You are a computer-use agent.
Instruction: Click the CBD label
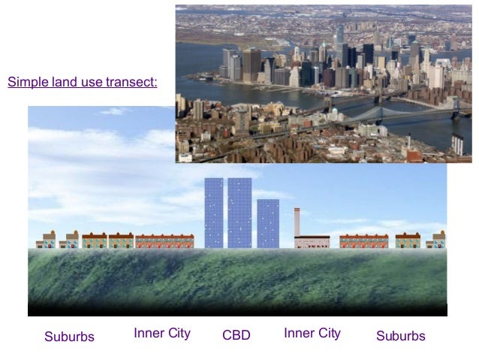click(x=236, y=335)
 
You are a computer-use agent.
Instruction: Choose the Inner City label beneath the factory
click(x=312, y=333)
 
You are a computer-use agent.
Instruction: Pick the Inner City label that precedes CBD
click(x=162, y=333)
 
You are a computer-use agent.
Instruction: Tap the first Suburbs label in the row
click(x=69, y=336)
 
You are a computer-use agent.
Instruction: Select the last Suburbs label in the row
click(x=401, y=336)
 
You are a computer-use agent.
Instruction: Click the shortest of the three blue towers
click(x=268, y=223)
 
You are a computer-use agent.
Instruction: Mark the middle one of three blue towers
click(x=239, y=213)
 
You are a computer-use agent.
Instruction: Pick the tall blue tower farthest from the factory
click(x=214, y=213)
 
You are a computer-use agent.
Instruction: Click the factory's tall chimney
click(x=297, y=222)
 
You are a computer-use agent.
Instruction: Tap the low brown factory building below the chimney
click(x=312, y=242)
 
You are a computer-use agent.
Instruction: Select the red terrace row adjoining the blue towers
click(x=164, y=241)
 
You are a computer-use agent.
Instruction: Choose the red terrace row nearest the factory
click(x=364, y=241)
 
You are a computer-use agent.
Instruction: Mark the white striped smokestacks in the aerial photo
click(x=457, y=144)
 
